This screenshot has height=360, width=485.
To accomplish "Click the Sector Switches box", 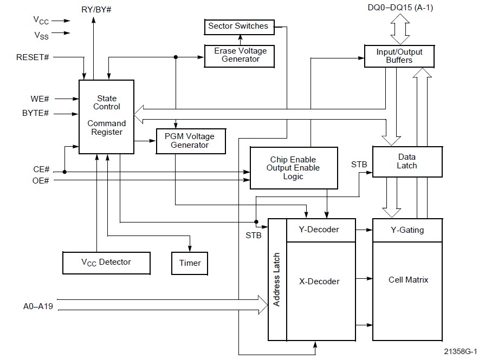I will click(238, 26).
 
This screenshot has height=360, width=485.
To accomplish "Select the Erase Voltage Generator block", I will click(240, 55).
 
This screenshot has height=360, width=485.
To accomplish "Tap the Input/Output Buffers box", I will click(399, 56).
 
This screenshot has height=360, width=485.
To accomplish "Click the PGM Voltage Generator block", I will click(189, 141).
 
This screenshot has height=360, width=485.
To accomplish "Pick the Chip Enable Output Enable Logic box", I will click(293, 168).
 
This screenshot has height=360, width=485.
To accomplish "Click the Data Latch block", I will click(407, 161).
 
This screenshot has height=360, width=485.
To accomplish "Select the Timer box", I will click(190, 263).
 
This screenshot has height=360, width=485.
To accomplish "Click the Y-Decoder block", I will click(319, 230).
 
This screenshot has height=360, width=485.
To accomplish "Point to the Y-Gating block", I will click(407, 230).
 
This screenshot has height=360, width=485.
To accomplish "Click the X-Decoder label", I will click(319, 282).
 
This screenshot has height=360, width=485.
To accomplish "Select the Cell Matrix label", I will click(408, 280).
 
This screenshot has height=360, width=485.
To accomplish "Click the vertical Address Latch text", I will click(276, 280).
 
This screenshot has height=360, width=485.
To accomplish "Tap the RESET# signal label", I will click(34, 57).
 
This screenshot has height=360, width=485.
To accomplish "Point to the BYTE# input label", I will click(36, 114).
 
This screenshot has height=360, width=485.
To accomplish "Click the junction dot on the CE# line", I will click(65, 172).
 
